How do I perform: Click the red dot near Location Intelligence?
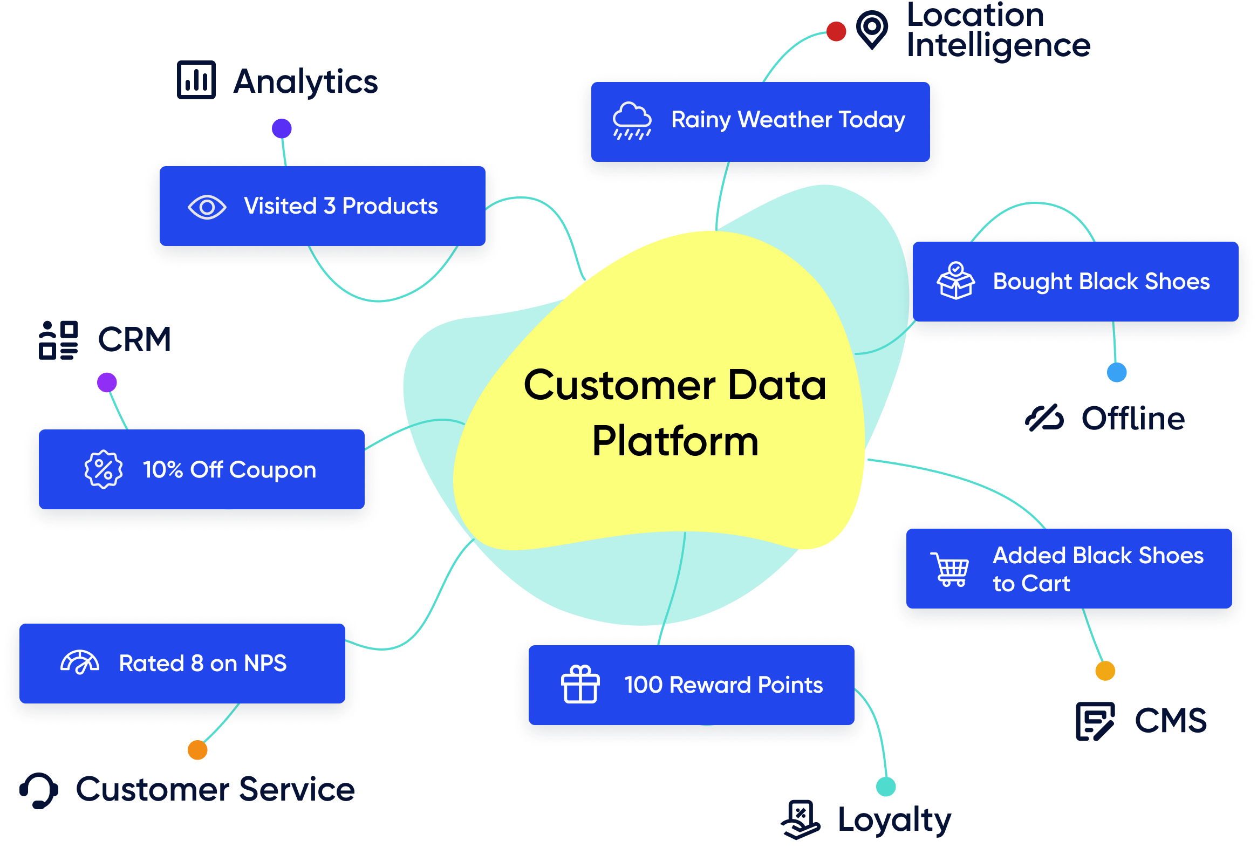tap(836, 31)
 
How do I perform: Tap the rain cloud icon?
tap(632, 121)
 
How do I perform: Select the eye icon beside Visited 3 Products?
tap(207, 207)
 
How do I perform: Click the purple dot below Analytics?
tap(282, 129)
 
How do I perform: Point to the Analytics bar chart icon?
tap(196, 80)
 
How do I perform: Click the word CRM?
tap(134, 340)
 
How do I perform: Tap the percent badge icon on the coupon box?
tap(103, 469)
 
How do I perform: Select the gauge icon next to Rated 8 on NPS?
tap(80, 662)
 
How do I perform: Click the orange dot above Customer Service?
tap(197, 750)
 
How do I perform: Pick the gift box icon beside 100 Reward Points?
tap(580, 685)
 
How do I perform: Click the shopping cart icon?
tap(951, 570)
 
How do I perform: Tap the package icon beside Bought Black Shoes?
tap(956, 281)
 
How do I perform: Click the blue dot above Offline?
tap(1117, 372)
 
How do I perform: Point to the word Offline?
tap(1133, 419)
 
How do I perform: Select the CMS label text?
tap(1171, 720)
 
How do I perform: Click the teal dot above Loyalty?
tap(886, 787)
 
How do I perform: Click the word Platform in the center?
tap(675, 441)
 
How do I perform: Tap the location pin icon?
tap(872, 29)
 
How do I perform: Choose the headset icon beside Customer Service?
tap(39, 790)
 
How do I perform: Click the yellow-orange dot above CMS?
tap(1105, 671)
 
